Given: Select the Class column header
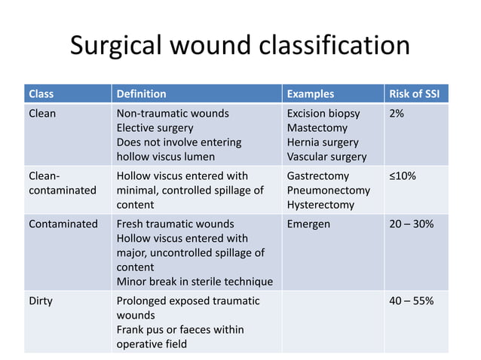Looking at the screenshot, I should [41, 94].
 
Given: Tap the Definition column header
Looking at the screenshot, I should [141, 94].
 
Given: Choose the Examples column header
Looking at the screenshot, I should [310, 94].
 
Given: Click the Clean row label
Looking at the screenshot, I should [42, 114].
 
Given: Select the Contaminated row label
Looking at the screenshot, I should [63, 224].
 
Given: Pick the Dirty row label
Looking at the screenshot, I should [41, 301].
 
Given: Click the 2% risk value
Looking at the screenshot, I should [397, 114].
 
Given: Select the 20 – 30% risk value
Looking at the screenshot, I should [411, 224].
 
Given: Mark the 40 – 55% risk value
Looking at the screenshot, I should [411, 301].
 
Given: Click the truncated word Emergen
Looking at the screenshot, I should [308, 224].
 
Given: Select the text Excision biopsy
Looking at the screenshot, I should [323, 114].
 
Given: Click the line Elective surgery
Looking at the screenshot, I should [155, 128].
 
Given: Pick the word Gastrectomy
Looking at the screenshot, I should [318, 175].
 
